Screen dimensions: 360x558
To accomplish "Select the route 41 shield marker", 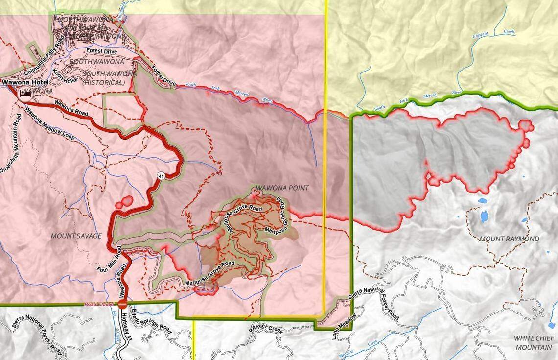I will click(x=161, y=175).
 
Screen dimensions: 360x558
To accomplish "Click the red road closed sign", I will click(x=122, y=304).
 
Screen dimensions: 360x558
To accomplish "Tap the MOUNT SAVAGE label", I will click(x=76, y=236).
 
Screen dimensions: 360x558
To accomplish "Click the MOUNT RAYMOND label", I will click(x=509, y=239).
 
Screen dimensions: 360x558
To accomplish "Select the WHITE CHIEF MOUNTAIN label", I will click(x=533, y=343).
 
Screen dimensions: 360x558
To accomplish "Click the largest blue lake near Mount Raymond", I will click(x=484, y=216).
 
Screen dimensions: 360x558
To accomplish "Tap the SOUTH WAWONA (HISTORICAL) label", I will click(x=103, y=78).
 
